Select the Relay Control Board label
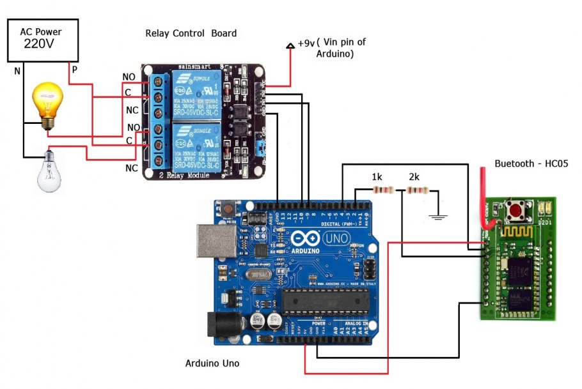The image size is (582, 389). pyautogui.click(x=191, y=33)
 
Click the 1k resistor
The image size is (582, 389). pyautogui.click(x=382, y=190)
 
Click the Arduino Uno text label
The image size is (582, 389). pyautogui.click(x=212, y=363)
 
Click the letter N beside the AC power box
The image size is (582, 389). pyautogui.click(x=17, y=71)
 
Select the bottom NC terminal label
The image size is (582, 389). pyautogui.click(x=131, y=168)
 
